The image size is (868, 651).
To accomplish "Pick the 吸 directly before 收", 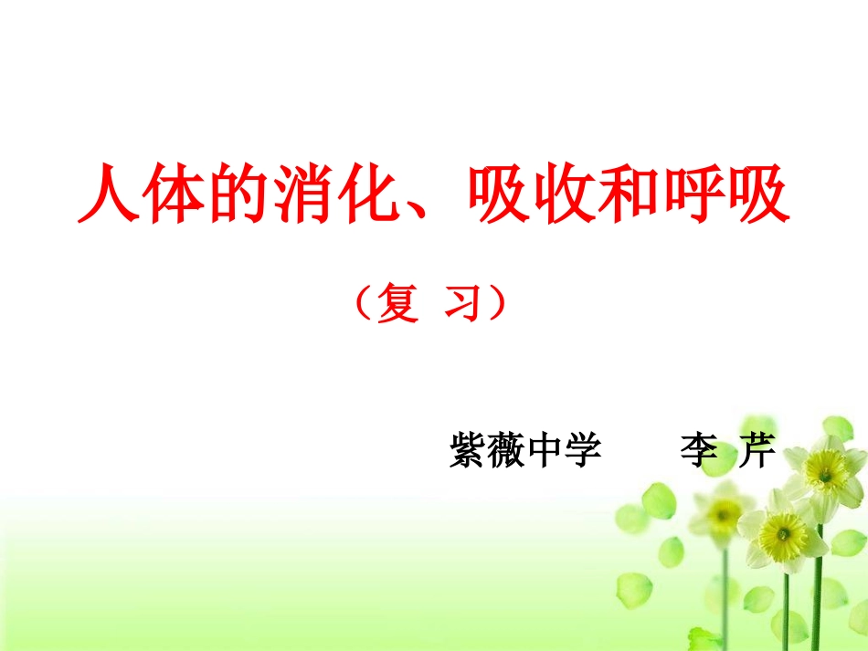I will pos(499,193).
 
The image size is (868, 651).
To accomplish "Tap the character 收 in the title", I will pos(564,193).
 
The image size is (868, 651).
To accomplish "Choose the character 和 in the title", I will pos(629,193).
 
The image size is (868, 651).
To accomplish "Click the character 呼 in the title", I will pos(693,193).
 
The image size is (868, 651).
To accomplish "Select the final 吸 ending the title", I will pos(758,193).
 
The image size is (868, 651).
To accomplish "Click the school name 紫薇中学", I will pos(525,451).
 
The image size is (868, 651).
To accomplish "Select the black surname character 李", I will pos(701,451).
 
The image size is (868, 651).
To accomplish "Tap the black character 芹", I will pos(757,451).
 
